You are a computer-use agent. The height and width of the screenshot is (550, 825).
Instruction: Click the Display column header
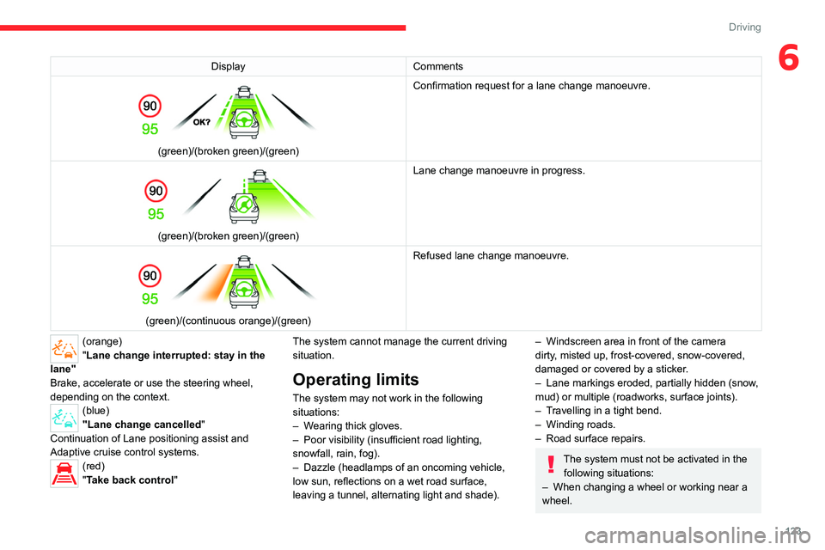[x=228, y=66]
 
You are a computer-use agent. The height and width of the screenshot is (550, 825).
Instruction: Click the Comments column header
[x=437, y=66]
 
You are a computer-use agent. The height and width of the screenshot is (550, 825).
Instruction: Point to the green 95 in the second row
[x=156, y=213]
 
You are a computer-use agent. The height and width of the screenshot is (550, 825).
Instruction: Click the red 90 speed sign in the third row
[x=150, y=276]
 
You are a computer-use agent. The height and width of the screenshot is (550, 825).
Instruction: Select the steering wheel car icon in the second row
[x=245, y=205]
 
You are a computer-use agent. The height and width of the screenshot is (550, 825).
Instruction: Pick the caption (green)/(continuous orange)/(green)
[x=228, y=321]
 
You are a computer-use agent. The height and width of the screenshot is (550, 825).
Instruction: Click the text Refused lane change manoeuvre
[x=491, y=255]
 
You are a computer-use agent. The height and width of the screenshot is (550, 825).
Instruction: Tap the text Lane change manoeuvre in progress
[x=498, y=171]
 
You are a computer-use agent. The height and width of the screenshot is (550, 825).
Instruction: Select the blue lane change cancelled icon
[x=64, y=419]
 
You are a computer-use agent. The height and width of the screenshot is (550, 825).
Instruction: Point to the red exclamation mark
[x=550, y=463]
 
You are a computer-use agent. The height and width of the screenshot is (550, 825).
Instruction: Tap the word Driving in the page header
[x=744, y=27]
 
